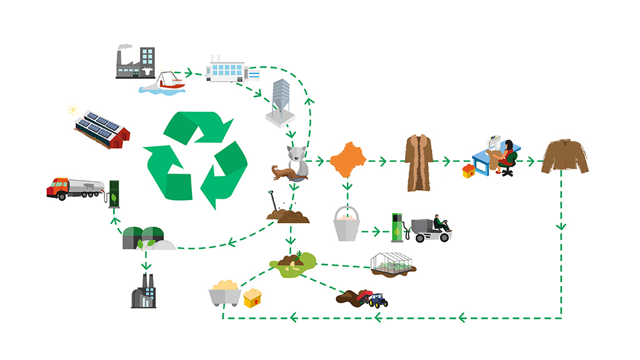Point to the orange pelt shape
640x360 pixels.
pyautogui.click(x=347, y=161)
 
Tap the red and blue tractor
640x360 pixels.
pyautogui.click(x=377, y=301)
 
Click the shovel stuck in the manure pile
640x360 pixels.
pyautogui.click(x=276, y=202)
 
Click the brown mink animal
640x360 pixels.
pyautogui.click(x=284, y=173)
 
